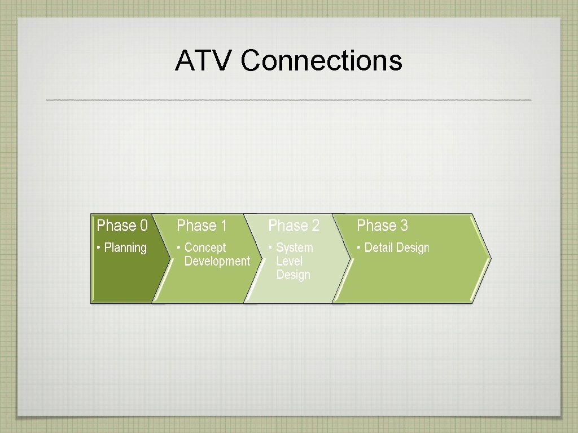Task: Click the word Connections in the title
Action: (x=321, y=61)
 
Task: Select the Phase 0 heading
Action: (x=122, y=226)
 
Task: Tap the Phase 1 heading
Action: (x=202, y=226)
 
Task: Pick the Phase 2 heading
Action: (x=294, y=226)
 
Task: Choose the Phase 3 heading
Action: (x=382, y=226)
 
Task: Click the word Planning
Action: (x=125, y=248)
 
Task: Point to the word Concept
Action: (x=205, y=248)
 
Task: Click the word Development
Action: (x=217, y=261)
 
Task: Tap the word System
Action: (x=294, y=248)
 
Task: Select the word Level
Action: (x=289, y=261)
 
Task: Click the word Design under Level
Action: (x=293, y=275)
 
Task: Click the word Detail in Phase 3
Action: (x=379, y=248)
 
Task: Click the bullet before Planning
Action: (x=99, y=248)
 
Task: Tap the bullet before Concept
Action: (x=179, y=248)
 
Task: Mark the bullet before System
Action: (x=270, y=248)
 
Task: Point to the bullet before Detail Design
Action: (x=359, y=248)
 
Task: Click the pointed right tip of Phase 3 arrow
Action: (x=489, y=259)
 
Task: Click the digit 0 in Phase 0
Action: (x=143, y=226)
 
